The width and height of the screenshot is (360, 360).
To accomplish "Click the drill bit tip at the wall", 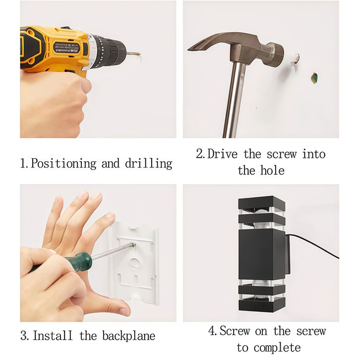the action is pos(139,54).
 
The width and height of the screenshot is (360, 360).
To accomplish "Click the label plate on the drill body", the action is pos(66,47).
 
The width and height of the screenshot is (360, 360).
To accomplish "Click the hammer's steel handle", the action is pos(234,99).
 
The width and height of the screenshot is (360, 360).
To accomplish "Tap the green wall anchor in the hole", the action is pos(314,78).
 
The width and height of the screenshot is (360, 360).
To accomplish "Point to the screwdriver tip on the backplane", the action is pos(133,245).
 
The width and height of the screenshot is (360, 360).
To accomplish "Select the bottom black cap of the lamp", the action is pos(262,305).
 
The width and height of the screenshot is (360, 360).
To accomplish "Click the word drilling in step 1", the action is pos(149,164).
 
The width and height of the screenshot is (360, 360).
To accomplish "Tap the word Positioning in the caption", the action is pos(63,164).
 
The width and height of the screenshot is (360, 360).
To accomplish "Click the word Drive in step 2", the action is pos(222,154).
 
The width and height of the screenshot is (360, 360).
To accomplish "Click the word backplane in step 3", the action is pos(128,336).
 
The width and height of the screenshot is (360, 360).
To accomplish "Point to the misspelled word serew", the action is pos(311,331).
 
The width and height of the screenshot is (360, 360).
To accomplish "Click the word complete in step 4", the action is pos(277,348).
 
